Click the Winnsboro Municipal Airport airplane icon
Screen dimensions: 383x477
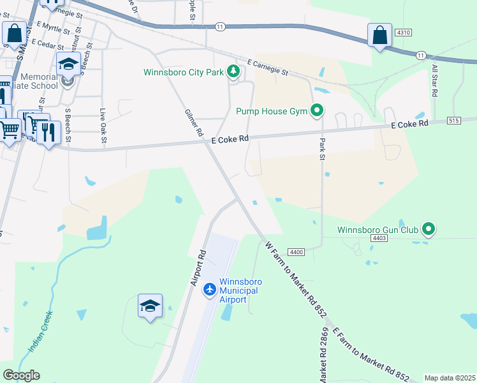209,290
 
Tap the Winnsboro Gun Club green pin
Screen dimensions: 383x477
429,229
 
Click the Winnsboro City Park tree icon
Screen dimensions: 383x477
233,72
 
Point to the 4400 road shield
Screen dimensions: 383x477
297,252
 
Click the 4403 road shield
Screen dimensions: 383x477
379,237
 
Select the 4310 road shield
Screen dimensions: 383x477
403,32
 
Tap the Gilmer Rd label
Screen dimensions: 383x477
194,123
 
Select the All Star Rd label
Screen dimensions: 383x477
434,80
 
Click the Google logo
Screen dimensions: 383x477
21,375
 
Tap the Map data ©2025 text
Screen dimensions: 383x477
449,378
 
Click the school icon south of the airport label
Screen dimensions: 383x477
150,306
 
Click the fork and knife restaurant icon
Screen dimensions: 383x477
48,132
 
